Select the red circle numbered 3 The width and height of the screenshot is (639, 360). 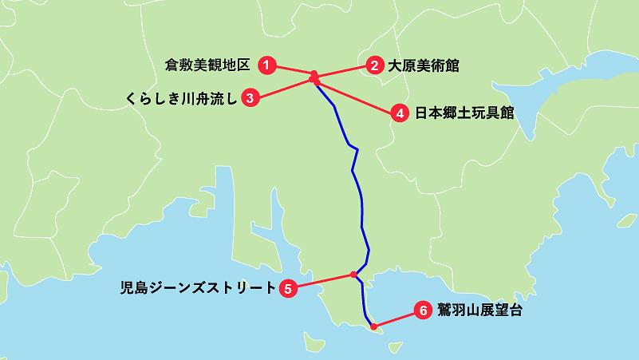250,98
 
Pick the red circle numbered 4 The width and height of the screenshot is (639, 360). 401,113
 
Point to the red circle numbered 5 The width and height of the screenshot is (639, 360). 289,288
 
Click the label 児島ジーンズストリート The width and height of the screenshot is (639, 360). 196,288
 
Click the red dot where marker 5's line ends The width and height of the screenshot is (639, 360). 353,275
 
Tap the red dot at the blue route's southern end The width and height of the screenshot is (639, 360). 373,326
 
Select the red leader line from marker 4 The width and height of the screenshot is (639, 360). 359,97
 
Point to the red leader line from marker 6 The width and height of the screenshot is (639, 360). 396,318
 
